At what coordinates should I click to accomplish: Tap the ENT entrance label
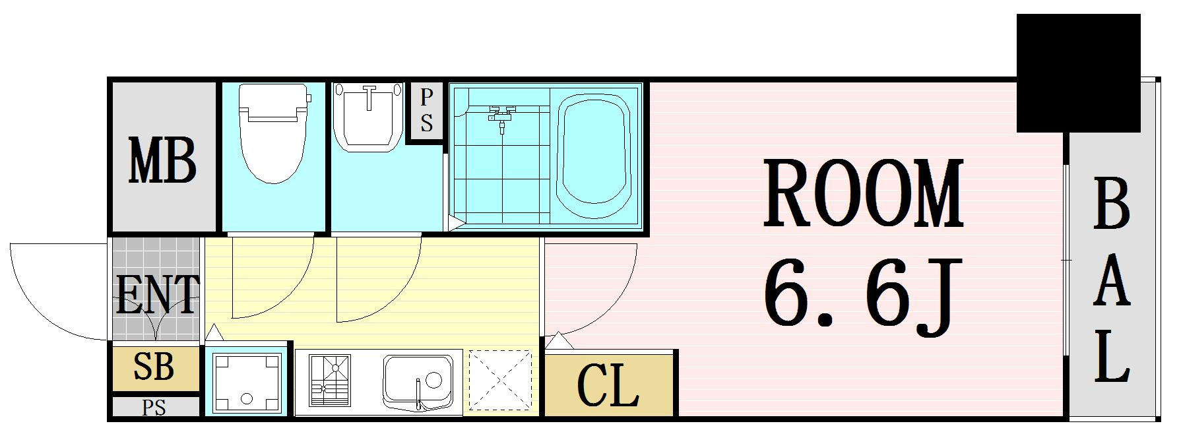[x=157, y=294]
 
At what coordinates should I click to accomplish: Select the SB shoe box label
[x=154, y=367]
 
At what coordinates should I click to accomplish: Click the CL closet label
[x=608, y=385]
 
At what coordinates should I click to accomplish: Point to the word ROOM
[x=862, y=194]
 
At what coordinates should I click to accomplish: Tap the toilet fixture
[x=273, y=133]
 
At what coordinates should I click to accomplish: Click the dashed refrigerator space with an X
[x=499, y=381]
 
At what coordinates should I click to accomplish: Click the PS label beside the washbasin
[x=426, y=111]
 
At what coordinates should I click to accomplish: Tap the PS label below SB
[x=154, y=408]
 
